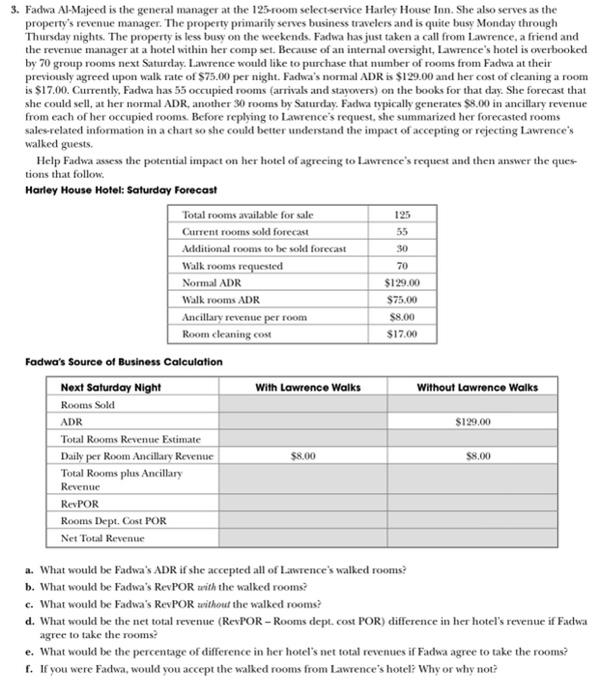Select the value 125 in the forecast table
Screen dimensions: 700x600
[x=400, y=215]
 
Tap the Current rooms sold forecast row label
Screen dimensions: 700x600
[x=238, y=232]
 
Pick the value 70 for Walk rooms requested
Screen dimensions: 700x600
[x=400, y=265]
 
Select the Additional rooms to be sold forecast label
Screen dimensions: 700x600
[x=264, y=248]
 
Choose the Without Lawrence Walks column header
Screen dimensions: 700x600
[x=477, y=387]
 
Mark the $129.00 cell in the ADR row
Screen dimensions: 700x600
[x=477, y=422]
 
